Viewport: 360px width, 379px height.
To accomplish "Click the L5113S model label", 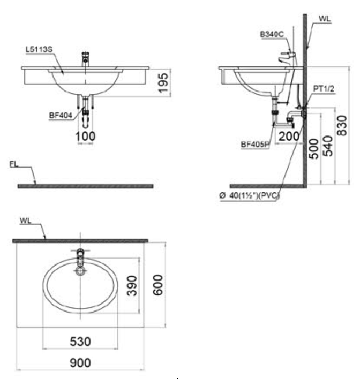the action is [39, 50].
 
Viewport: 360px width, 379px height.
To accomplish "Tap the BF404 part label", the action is [61, 116].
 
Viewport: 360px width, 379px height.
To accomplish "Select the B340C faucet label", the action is [272, 34].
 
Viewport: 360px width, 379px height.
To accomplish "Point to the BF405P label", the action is [255, 145].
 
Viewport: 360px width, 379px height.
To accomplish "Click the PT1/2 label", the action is [324, 89].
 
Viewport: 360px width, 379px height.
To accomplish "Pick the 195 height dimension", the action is [163, 83].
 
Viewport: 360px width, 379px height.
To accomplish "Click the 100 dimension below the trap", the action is [85, 137].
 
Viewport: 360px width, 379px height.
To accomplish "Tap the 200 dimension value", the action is [289, 137].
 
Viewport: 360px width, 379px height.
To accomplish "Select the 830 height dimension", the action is [342, 125].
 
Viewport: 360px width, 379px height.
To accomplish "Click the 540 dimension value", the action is [328, 146].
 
